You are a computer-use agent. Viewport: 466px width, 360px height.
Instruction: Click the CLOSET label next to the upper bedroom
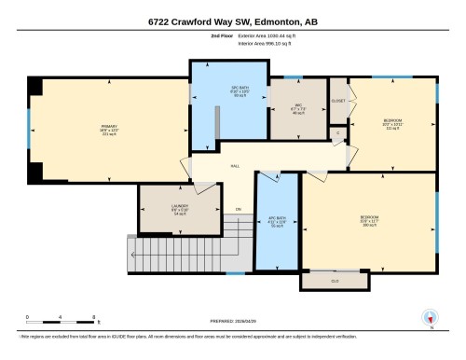tap(338, 100)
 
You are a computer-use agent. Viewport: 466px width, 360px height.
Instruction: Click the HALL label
tap(235, 166)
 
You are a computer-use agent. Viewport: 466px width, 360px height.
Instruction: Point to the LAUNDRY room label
tap(180, 208)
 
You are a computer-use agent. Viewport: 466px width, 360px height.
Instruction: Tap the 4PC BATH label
tap(277, 222)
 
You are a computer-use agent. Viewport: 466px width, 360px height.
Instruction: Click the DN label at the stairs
tap(239, 209)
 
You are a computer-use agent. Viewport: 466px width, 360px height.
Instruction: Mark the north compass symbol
tap(430, 317)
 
